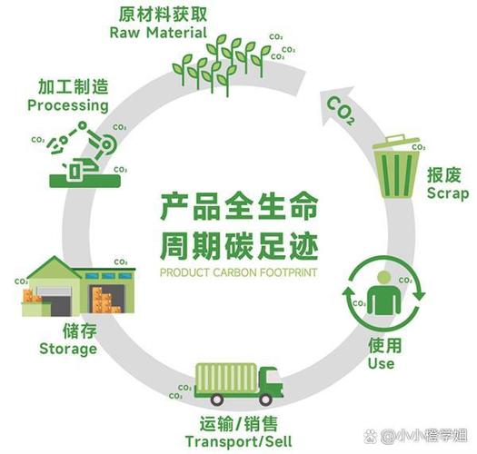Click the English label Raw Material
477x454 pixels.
click(159, 33)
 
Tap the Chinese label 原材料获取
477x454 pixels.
click(159, 14)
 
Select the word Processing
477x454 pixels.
click(68, 105)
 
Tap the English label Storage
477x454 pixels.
click(68, 349)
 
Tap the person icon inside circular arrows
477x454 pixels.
click(383, 295)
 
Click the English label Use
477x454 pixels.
click(382, 363)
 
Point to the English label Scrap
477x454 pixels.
click(447, 193)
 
